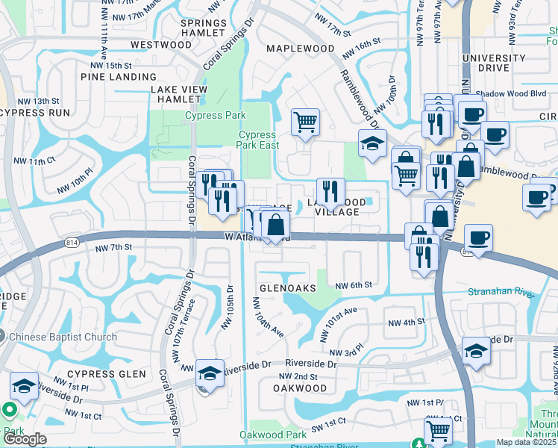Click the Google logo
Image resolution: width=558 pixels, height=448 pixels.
(x=25, y=439)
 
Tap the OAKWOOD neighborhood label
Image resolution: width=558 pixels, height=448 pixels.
(x=299, y=388)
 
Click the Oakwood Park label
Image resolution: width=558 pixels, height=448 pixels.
(x=273, y=435)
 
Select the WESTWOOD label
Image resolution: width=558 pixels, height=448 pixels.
(x=160, y=45)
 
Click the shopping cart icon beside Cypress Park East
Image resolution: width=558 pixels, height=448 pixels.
(x=305, y=122)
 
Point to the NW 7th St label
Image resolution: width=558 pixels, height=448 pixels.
(x=113, y=247)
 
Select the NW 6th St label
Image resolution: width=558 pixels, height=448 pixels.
(x=354, y=285)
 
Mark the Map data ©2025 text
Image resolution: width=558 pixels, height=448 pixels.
(x=527, y=442)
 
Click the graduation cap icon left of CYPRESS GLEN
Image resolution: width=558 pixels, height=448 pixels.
(x=24, y=387)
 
